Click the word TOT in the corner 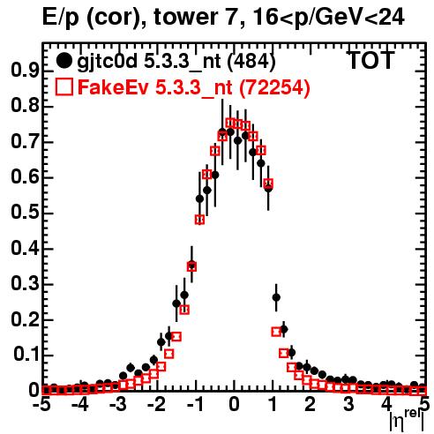click(x=370, y=61)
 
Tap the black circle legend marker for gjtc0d click(x=64, y=61)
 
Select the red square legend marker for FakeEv click(x=64, y=86)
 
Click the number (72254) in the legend click(x=274, y=87)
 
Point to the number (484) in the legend click(x=251, y=62)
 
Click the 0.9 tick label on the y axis click(x=25, y=71)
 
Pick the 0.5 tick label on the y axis click(x=25, y=213)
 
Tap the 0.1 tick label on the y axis click(x=26, y=355)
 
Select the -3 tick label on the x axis click(x=118, y=404)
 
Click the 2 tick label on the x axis click(x=310, y=404)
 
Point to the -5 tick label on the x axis click(x=43, y=404)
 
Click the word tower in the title click(x=196, y=18)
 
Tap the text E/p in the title click(x=61, y=19)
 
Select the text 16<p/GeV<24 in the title click(x=328, y=19)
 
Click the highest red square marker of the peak click(x=230, y=123)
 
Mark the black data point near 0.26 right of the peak click(x=276, y=297)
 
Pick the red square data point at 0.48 click(x=199, y=220)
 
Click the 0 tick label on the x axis click(x=234, y=404)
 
